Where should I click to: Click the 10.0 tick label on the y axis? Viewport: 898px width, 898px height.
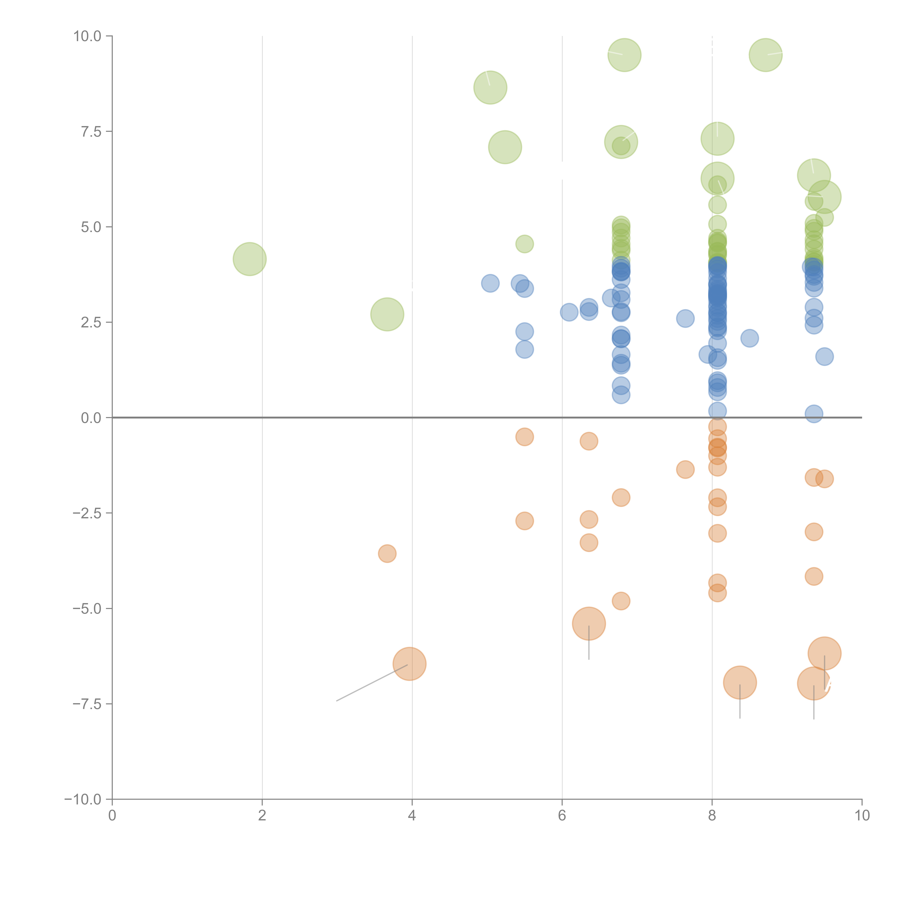87,36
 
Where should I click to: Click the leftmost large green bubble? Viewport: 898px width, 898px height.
250,259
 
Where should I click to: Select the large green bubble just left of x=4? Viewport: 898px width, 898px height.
387,314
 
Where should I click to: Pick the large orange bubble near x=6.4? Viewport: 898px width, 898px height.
589,623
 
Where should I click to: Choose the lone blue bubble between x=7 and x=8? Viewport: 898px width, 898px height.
685,318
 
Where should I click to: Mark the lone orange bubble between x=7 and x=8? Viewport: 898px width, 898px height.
685,469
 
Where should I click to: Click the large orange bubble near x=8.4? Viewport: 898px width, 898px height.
740,682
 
